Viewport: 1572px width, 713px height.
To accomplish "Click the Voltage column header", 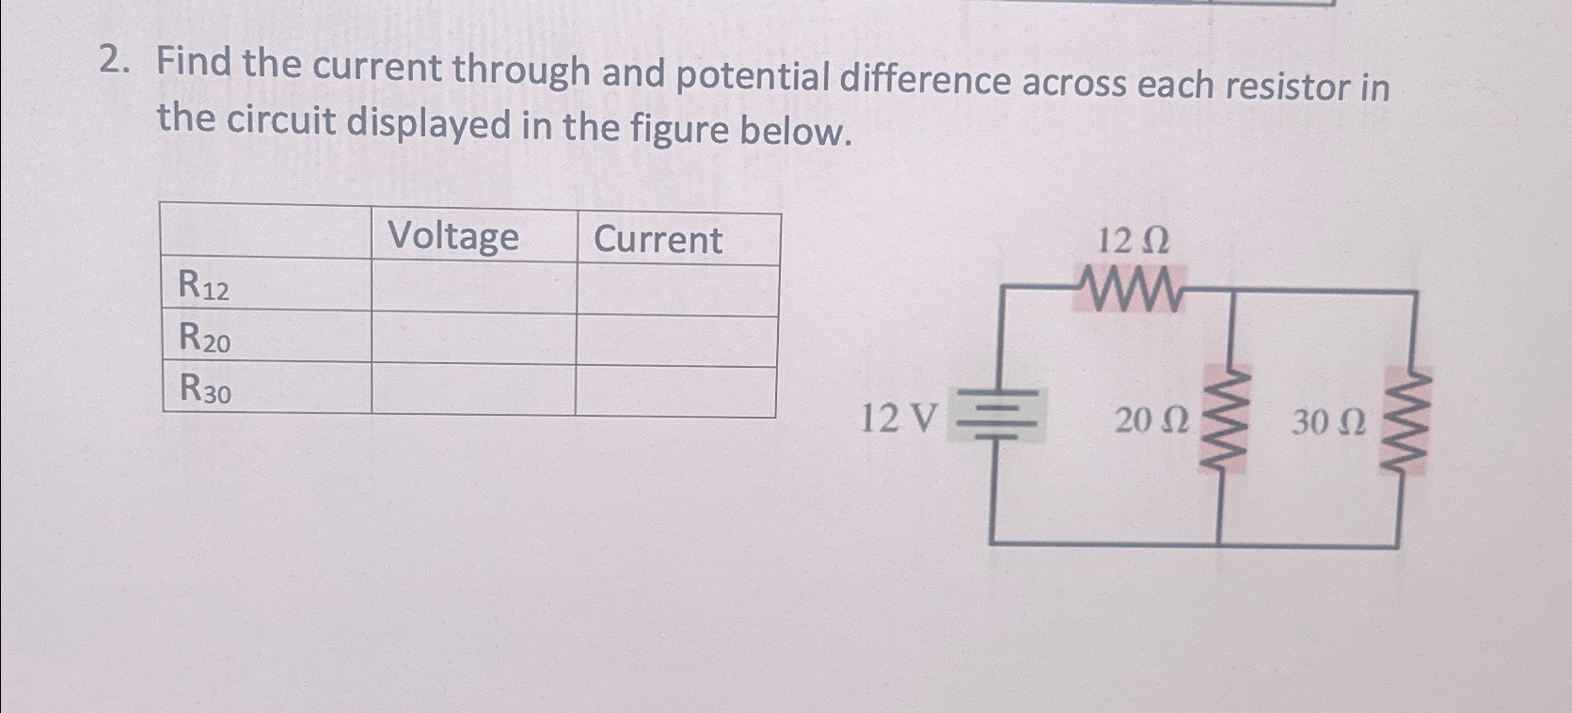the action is click(x=453, y=236).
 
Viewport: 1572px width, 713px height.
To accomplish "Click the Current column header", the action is click(x=658, y=240).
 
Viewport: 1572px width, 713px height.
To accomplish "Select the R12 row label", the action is click(x=204, y=285).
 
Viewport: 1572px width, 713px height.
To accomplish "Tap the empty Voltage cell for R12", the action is click(x=474, y=287).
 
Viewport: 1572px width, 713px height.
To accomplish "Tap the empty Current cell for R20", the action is click(x=676, y=341).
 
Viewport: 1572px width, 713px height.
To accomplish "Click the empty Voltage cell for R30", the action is click(x=473, y=390).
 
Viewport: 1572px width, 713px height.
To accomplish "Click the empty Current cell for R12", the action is click(x=677, y=290).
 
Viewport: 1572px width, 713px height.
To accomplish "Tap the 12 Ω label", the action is click(x=1134, y=242).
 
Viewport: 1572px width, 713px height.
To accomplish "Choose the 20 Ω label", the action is click(x=1150, y=421).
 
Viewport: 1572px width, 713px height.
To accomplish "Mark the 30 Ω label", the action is click(x=1327, y=423).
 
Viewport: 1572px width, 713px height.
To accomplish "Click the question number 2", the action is click(x=112, y=62).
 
